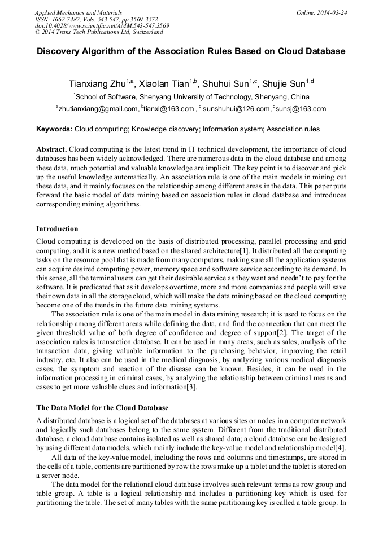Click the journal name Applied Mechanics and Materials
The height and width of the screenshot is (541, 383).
point(79,12)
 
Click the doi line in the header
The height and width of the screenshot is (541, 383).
point(102,25)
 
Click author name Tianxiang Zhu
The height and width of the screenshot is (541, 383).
point(97,84)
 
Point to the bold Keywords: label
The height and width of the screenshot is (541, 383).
point(54,129)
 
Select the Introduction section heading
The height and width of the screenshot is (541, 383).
point(57,229)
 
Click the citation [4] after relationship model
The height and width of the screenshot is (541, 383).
point(341,448)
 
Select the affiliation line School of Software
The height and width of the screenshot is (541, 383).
point(191,96)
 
